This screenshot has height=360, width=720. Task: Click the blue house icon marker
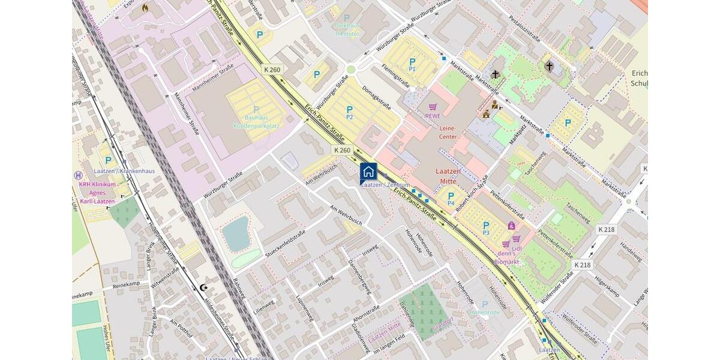368,172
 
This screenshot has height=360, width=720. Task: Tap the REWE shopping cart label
433,111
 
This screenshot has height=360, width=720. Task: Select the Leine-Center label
448,132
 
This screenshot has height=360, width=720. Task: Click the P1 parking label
412,64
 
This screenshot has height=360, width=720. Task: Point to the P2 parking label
349,112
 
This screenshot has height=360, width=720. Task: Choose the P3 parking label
486,228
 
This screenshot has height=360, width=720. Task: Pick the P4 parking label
451,198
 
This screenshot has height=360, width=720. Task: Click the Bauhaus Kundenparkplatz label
257,122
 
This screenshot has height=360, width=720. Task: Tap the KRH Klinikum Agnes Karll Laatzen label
97,193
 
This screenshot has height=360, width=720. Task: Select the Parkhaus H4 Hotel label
347,30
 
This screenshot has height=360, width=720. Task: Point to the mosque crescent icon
203,288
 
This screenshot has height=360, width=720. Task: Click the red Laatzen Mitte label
448,175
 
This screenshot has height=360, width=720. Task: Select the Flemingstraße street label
395,76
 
